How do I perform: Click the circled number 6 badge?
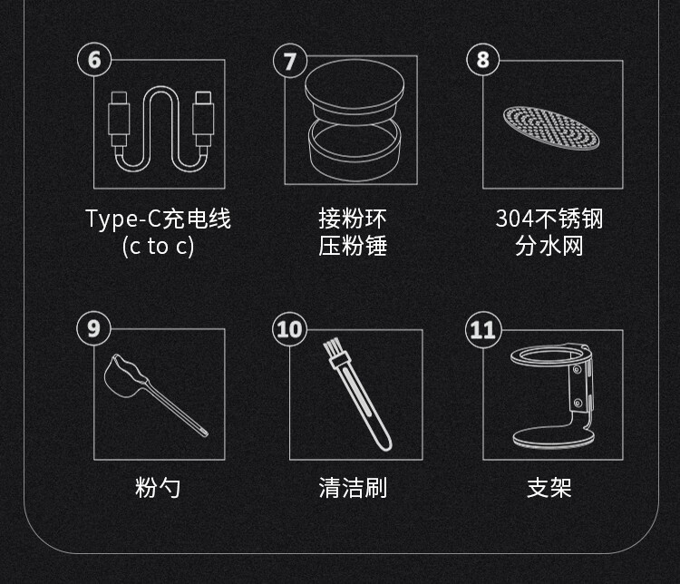click(94, 60)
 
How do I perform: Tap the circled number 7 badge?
click(290, 61)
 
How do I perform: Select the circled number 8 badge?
click(483, 60)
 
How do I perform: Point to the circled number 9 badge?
click(93, 328)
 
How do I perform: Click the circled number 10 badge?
click(290, 329)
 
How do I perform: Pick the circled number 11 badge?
click(483, 330)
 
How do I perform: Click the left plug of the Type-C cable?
click(119, 119)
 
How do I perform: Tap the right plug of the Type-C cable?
click(203, 119)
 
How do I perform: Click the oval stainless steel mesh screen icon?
click(550, 128)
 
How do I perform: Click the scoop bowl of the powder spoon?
click(122, 375)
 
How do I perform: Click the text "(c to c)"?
click(158, 247)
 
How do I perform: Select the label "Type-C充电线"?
click(159, 219)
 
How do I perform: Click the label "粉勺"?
click(158, 487)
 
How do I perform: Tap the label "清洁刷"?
click(353, 487)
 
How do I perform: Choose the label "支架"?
click(549, 487)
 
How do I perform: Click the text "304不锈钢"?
click(549, 219)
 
